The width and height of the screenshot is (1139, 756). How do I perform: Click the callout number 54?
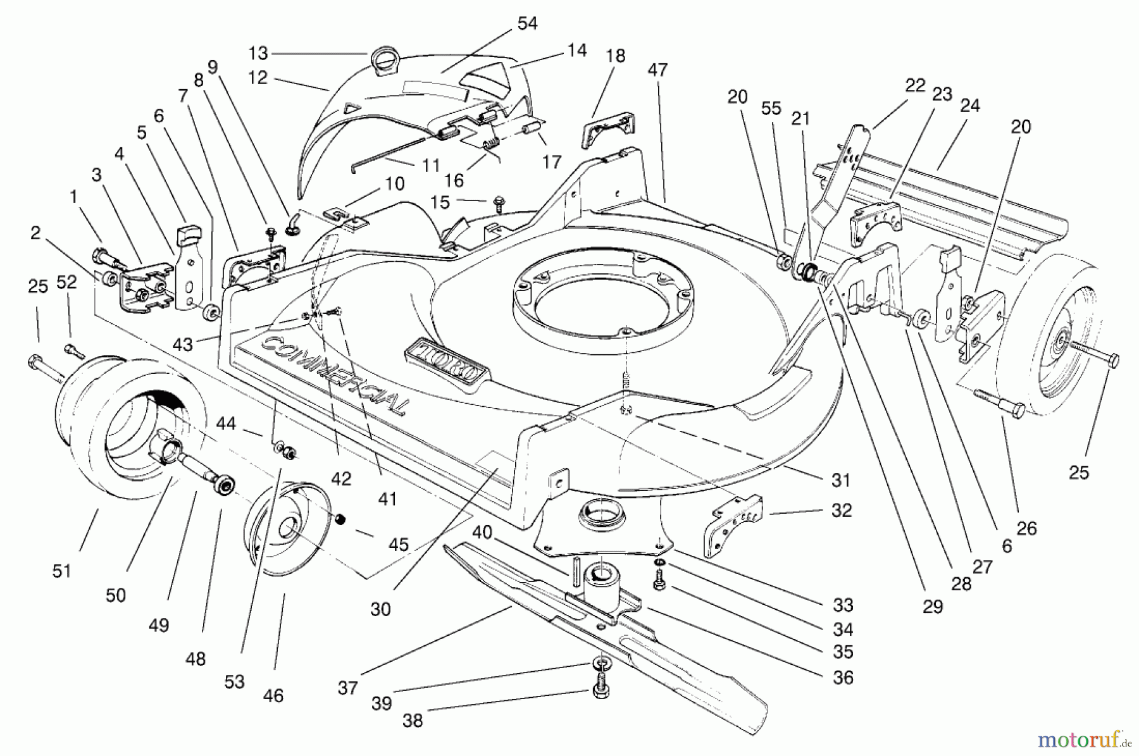[x=526, y=23]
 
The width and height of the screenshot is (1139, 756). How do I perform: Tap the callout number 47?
[x=657, y=70]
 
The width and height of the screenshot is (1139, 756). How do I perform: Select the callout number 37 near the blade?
[x=347, y=688]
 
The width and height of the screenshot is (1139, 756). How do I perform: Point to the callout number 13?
[x=258, y=53]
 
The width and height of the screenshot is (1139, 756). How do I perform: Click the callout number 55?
[x=771, y=108]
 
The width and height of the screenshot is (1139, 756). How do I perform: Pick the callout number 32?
[x=841, y=510]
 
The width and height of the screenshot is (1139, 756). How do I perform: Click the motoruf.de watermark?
[x=1086, y=738]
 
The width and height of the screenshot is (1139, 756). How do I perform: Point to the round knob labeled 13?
[x=385, y=61]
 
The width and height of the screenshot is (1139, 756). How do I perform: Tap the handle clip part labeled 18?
[x=607, y=130]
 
